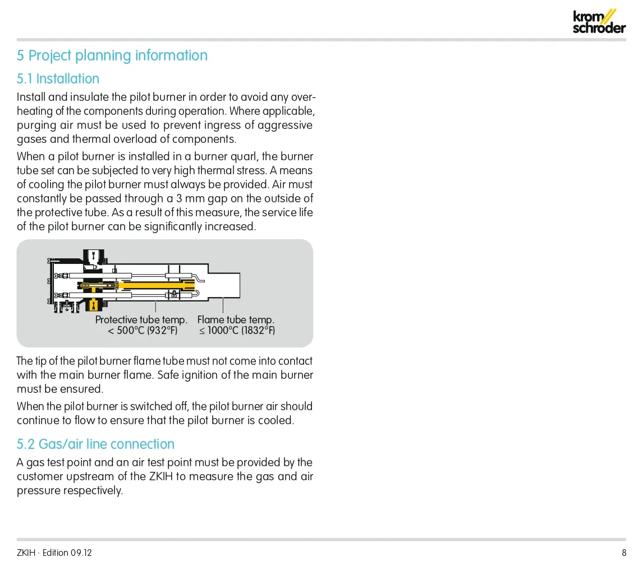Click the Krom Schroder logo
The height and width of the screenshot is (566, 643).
(599, 21)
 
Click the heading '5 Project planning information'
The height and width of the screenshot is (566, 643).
(112, 55)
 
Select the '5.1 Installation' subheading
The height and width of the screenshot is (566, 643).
(58, 78)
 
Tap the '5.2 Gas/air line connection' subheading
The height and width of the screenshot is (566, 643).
(95, 444)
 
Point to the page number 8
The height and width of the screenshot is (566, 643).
(624, 553)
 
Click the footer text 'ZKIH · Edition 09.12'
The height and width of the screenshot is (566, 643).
(54, 553)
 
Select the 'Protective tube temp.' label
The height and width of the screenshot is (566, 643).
(141, 320)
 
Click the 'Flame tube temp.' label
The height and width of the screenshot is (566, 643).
(236, 320)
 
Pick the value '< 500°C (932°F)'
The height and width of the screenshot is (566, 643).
(143, 331)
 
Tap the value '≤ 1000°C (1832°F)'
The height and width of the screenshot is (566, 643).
(237, 331)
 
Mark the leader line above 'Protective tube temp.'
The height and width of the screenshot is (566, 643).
(155, 307)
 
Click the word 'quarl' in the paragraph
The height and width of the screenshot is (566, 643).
(244, 156)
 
